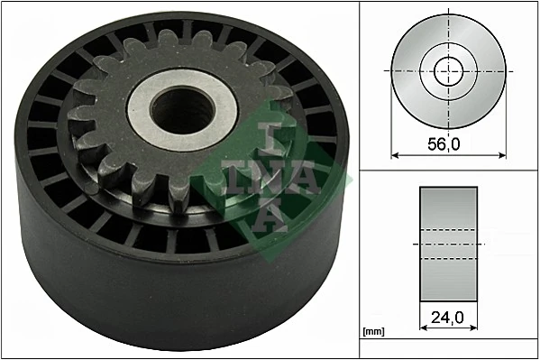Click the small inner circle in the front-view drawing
(x=448, y=70)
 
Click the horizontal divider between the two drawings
(x=448, y=170)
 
